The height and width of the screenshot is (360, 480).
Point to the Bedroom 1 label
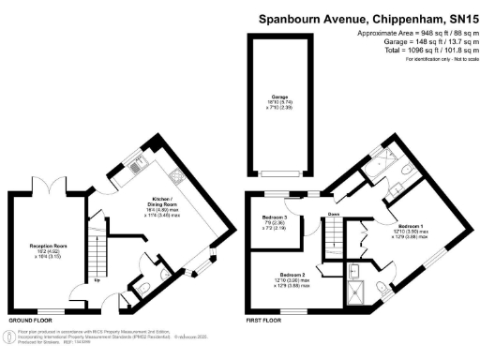[410, 228]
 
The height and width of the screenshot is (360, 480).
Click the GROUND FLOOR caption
[29, 319]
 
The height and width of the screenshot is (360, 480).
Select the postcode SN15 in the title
[458, 17]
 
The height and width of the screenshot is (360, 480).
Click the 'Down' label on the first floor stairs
[334, 216]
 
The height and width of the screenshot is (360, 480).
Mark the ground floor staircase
[97, 248]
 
